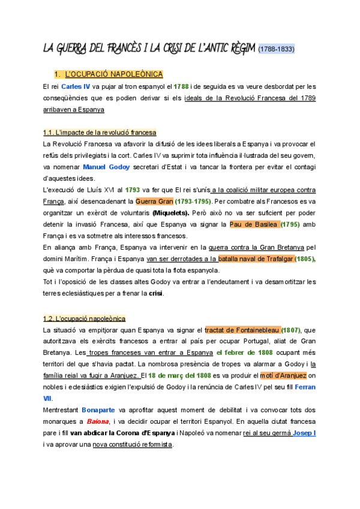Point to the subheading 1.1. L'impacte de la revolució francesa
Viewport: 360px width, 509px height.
pyautogui.click(x=100, y=132)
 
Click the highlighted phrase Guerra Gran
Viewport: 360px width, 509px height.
pyautogui.click(x=154, y=200)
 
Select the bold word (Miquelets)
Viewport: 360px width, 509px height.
pyautogui.click(x=172, y=212)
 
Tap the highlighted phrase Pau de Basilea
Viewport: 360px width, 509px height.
pyautogui.click(x=255, y=224)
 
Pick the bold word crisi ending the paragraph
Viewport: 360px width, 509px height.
pyautogui.click(x=155, y=293)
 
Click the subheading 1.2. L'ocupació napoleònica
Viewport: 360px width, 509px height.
pyautogui.click(x=84, y=318)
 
